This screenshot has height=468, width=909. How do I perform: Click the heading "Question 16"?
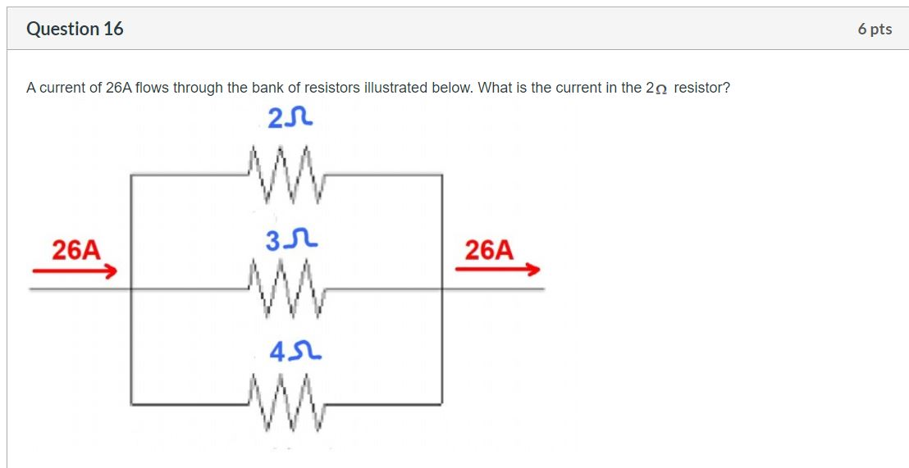[75, 29]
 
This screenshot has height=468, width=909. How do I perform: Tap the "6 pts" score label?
[875, 29]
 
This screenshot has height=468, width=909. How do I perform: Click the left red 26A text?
[75, 249]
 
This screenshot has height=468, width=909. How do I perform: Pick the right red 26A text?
[489, 249]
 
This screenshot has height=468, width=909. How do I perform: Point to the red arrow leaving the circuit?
[498, 269]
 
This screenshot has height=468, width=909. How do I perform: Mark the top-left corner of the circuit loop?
[131, 175]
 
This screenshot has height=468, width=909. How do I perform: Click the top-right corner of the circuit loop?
[442, 175]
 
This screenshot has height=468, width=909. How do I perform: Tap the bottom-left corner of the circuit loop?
[131, 403]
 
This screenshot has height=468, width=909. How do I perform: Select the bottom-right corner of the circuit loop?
[442, 403]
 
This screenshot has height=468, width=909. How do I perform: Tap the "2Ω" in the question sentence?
[657, 88]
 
